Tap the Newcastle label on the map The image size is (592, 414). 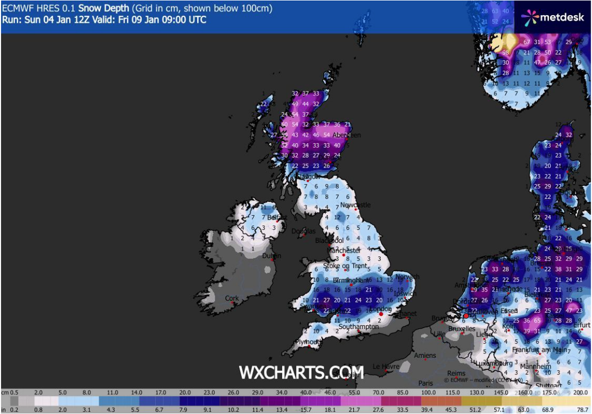[355, 205]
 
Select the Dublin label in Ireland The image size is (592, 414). [271, 256]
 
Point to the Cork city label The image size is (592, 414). [232, 298]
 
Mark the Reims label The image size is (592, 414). [456, 373]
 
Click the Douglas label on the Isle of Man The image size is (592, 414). [303, 231]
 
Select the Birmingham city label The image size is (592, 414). [352, 280]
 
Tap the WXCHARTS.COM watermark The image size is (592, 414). [301, 372]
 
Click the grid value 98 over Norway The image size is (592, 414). [506, 52]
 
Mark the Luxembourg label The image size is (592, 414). [490, 364]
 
